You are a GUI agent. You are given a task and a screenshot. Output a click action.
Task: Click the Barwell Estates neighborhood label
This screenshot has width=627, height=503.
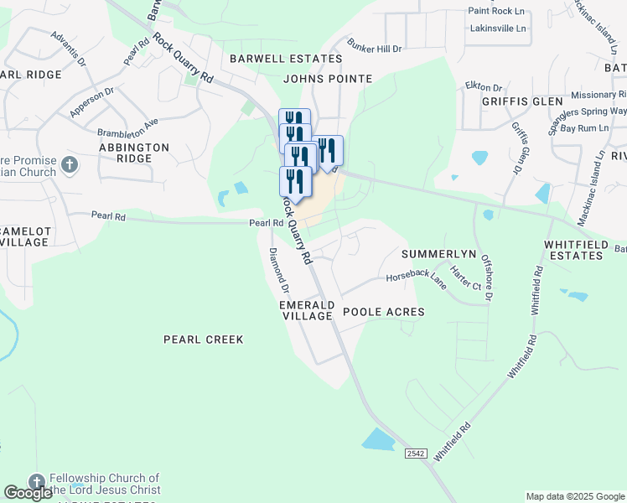(x=286, y=59)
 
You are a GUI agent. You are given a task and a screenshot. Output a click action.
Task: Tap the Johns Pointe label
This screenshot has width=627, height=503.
(x=327, y=79)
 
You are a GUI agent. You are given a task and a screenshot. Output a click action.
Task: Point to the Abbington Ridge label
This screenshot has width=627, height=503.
(x=134, y=153)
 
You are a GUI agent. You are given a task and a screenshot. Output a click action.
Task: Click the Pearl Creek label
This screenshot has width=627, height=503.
(x=203, y=340)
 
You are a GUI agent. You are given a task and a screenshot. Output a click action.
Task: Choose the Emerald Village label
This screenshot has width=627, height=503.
(x=307, y=310)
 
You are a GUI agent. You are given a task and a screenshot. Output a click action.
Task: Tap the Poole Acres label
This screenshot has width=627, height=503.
(x=382, y=312)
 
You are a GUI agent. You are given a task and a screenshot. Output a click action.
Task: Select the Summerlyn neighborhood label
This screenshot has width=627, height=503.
(x=438, y=253)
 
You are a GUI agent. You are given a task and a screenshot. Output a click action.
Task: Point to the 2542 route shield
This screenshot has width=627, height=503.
(x=416, y=454)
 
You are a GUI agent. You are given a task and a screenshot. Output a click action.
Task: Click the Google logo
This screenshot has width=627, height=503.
(x=28, y=493)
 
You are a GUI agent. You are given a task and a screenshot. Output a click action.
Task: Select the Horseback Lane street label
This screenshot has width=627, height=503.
(x=416, y=277)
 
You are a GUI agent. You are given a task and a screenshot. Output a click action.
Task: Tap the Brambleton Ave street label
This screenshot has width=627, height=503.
(x=127, y=127)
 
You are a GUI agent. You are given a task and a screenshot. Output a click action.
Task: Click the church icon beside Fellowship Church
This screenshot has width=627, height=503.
(x=35, y=482)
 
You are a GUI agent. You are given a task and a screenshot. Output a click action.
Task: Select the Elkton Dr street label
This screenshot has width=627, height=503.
(x=483, y=86)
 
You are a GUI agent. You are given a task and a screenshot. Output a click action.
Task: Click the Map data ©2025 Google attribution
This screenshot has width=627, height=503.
(x=574, y=496)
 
